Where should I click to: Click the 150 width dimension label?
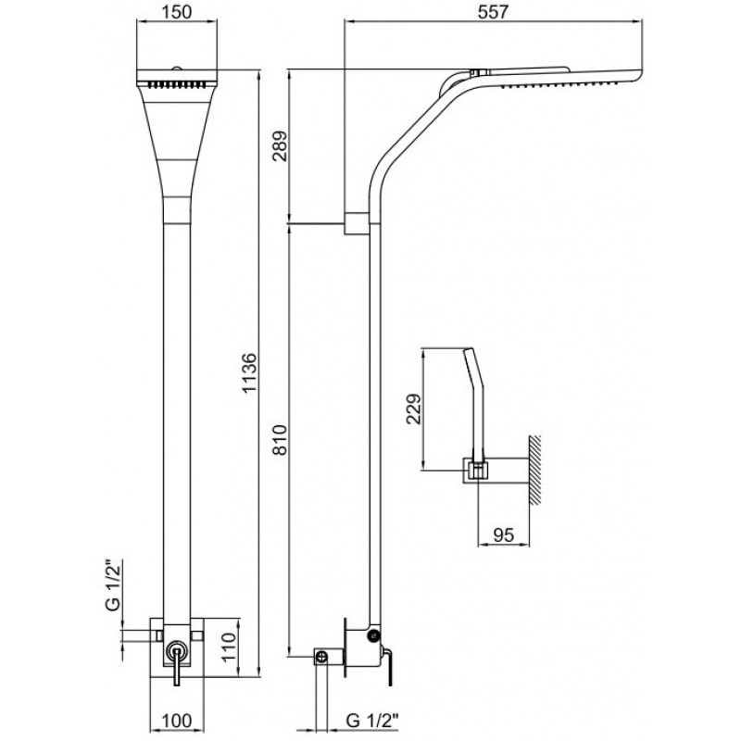[177, 12]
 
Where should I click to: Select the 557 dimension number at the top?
[493, 12]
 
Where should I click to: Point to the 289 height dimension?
[281, 146]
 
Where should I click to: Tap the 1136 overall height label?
[248, 372]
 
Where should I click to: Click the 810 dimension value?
[281, 439]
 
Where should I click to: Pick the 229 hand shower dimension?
[414, 408]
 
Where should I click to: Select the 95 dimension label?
[503, 535]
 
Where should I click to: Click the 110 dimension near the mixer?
[229, 647]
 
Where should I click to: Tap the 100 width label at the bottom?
[177, 722]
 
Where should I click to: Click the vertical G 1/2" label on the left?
[113, 585]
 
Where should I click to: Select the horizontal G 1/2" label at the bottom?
[373, 722]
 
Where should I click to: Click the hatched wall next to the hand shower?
[534, 470]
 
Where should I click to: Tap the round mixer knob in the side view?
[374, 636]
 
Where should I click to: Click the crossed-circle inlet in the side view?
[321, 657]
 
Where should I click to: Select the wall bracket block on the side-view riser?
[356, 223]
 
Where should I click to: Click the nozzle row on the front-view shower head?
[177, 85]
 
